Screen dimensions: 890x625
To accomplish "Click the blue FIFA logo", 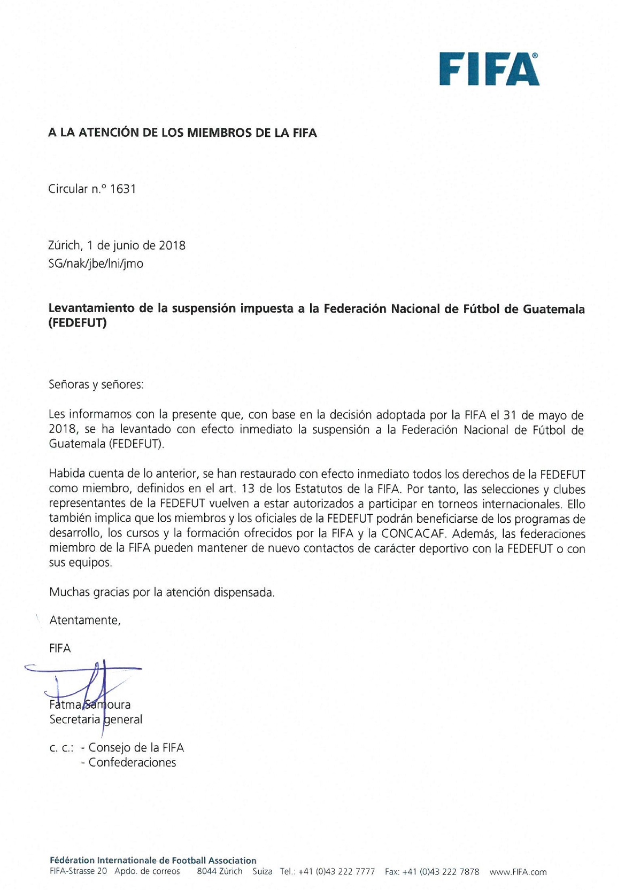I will pos(489,69).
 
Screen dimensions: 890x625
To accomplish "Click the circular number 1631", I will pos(122,189).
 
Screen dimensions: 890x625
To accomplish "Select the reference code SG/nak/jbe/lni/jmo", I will pos(96,264).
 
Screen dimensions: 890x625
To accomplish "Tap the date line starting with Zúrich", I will pos(117,245).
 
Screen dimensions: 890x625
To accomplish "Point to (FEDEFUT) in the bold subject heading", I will pos(78,323).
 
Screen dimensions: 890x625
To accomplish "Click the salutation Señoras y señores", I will pos(96,384).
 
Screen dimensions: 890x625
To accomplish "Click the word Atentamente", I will pos(84,620).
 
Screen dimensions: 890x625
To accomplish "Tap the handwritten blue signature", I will pos(91,682).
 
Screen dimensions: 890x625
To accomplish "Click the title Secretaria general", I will pos(96,719).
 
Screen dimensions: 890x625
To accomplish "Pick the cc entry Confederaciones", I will pos(132,762).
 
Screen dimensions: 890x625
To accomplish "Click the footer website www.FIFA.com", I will pos(518,872).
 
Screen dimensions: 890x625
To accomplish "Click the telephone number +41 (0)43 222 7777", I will pos(336,872).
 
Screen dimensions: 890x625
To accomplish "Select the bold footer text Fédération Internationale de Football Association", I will pos(153,861).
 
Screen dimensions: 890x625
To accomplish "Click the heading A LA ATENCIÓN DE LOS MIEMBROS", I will pos(182,133).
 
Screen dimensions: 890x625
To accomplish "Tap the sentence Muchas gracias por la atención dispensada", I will pos(161,592).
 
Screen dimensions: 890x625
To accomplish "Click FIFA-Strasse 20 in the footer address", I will pos(78,872).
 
